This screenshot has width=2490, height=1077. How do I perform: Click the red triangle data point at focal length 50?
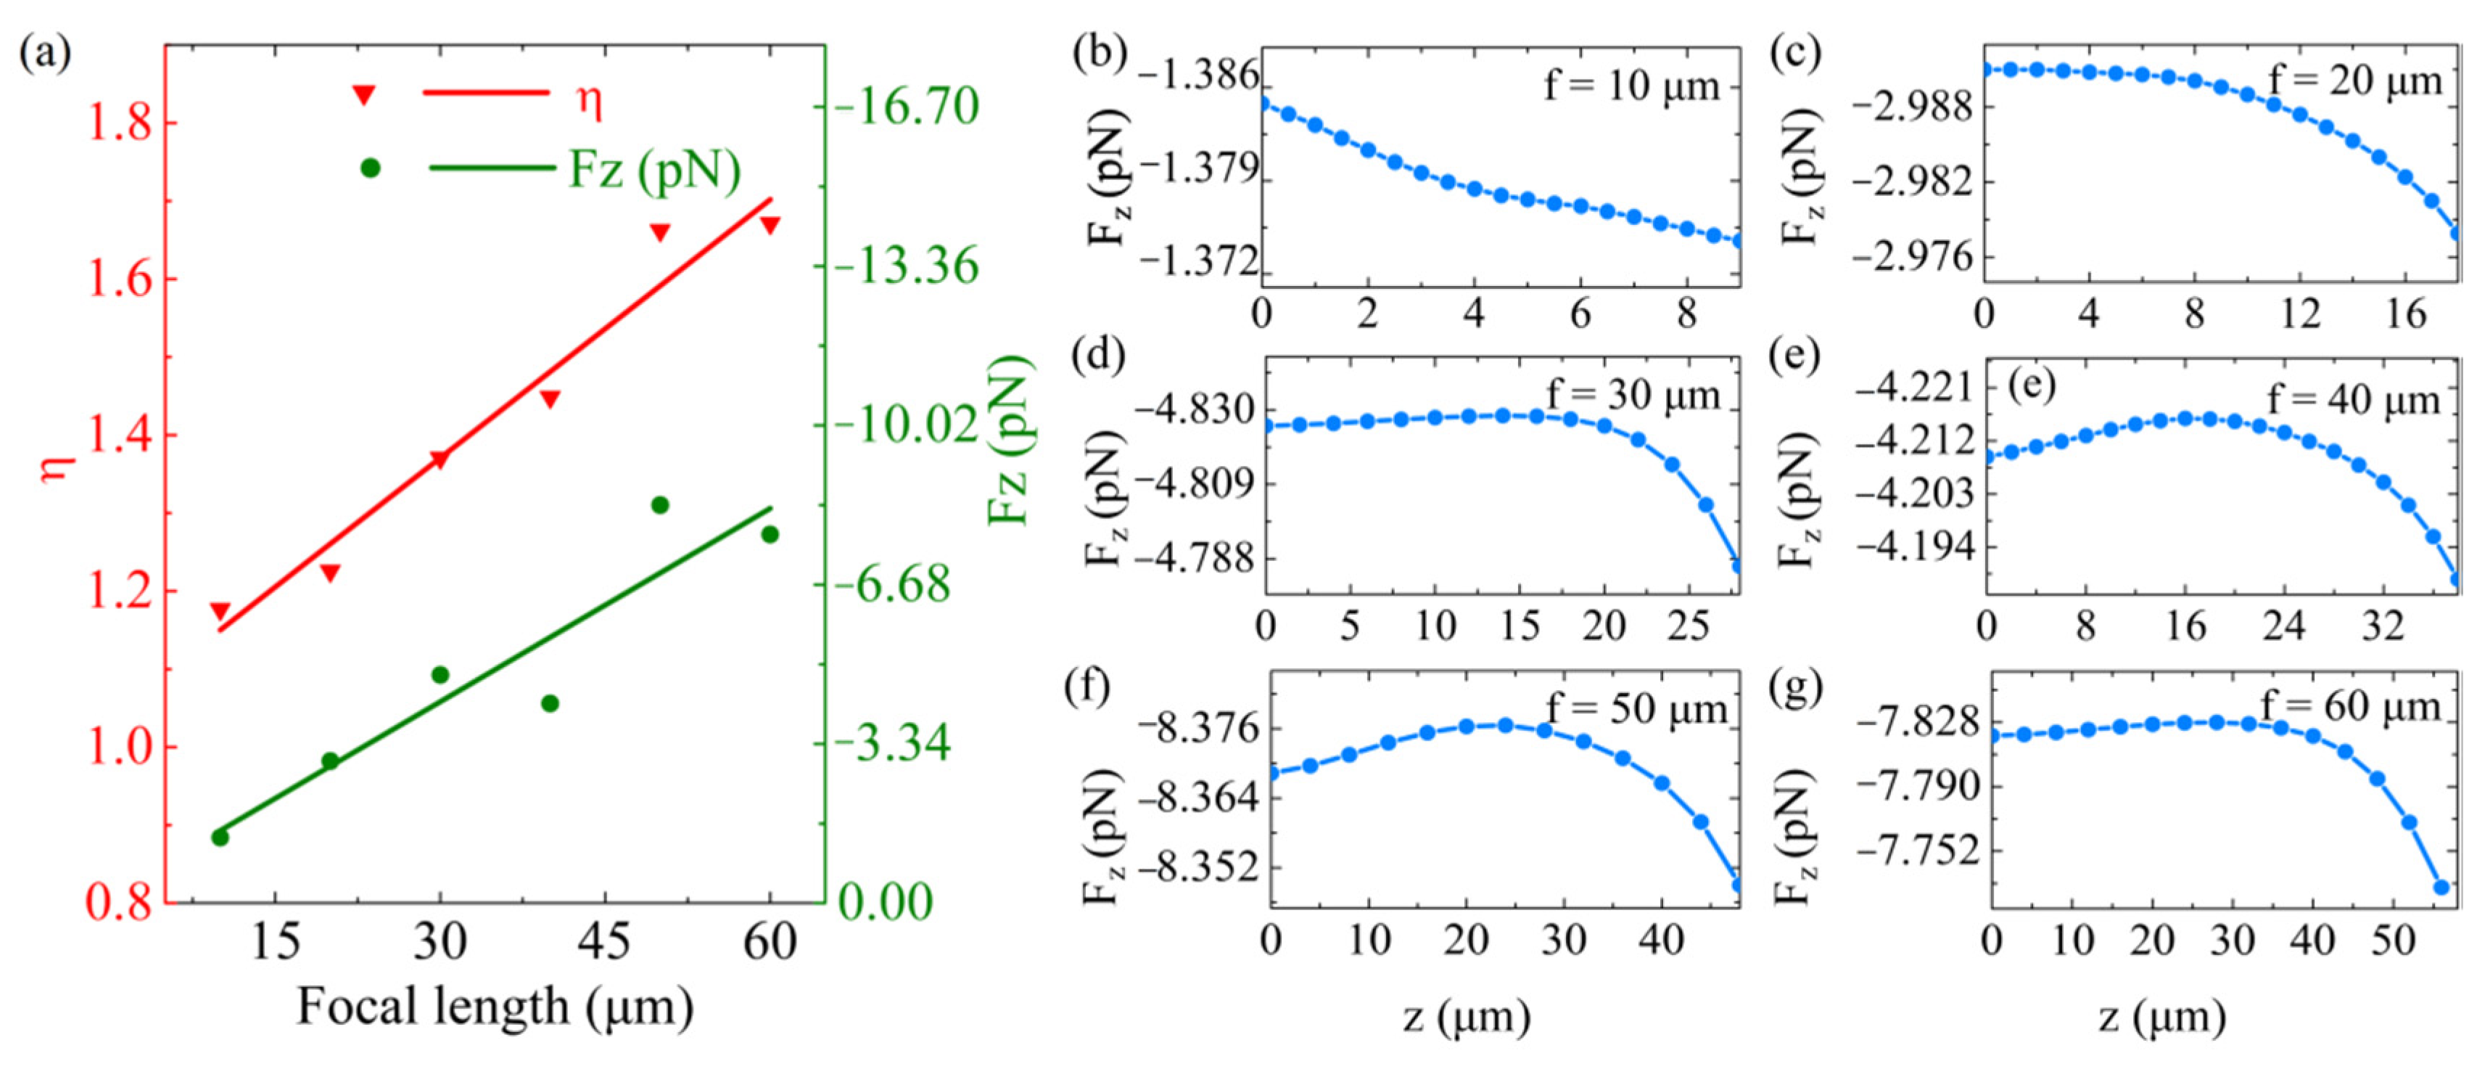click(x=660, y=232)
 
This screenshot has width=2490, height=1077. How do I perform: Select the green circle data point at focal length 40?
click(x=550, y=703)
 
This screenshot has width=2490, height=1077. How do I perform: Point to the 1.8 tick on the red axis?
click(x=121, y=124)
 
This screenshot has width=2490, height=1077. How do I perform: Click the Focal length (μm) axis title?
click(x=495, y=1007)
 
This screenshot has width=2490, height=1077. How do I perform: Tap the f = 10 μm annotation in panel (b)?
click(x=1632, y=87)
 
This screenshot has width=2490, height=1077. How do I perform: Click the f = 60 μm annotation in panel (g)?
click(x=2351, y=708)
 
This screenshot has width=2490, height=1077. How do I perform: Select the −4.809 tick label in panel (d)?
click(x=1191, y=483)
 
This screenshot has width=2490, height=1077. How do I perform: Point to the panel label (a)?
click(x=46, y=53)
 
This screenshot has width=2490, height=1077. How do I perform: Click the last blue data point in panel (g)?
click(x=2441, y=887)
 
